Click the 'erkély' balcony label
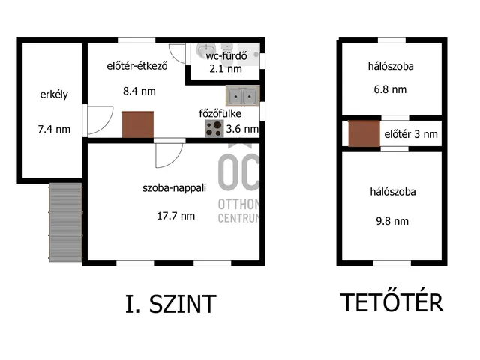54,94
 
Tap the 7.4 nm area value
54,129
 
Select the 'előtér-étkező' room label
137,66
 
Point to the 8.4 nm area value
139,91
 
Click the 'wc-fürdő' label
226,55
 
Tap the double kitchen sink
243,96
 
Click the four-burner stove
214,128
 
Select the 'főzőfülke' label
220,113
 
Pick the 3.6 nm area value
242,129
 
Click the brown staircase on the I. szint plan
138,124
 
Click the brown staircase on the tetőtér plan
364,133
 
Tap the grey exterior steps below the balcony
65,222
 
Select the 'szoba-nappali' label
174,187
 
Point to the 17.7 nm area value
176,216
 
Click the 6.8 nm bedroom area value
390,89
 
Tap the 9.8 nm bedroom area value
392,221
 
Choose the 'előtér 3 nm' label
411,134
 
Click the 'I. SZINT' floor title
171,304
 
